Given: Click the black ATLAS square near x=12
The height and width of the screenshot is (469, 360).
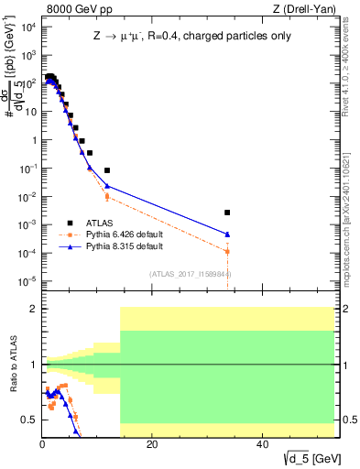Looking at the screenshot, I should (107, 170).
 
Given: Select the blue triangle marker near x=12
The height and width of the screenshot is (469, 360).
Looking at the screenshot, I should (107, 186).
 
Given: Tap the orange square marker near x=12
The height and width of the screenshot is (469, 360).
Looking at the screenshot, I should (107, 196).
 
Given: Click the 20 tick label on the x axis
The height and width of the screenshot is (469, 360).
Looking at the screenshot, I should (152, 444).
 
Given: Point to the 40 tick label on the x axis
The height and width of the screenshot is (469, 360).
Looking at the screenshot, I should (262, 444).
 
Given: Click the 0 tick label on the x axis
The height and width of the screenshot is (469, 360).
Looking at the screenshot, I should (42, 444).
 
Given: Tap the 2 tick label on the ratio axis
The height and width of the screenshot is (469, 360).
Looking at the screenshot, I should (33, 309).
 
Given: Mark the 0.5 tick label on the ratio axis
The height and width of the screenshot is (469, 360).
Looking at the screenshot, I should (29, 420).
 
